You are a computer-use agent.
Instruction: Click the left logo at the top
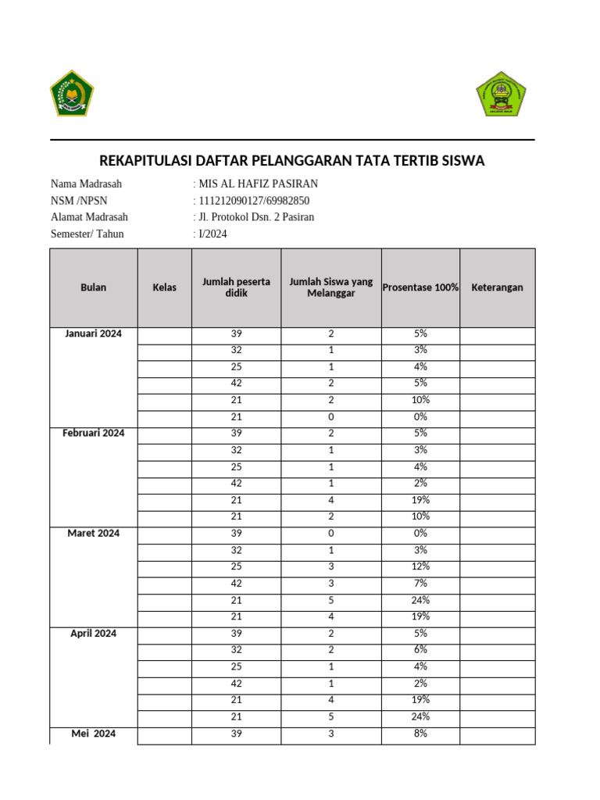click(x=71, y=93)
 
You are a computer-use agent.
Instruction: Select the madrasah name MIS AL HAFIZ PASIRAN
click(x=258, y=184)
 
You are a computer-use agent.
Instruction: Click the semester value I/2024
click(x=212, y=234)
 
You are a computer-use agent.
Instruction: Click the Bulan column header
click(x=93, y=287)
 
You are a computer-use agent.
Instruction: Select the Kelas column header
click(x=164, y=287)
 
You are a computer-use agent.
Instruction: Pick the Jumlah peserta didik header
click(x=236, y=287)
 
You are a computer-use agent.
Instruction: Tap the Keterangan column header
click(x=497, y=287)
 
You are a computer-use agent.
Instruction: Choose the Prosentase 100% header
click(x=420, y=287)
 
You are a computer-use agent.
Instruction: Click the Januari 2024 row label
click(x=93, y=334)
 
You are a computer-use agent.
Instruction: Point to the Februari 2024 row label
click(x=93, y=433)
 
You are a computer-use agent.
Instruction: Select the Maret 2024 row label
click(x=93, y=533)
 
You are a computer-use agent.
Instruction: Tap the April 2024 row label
click(x=93, y=633)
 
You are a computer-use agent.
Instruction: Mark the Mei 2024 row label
click(x=93, y=734)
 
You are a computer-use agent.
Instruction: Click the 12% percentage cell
click(x=421, y=566)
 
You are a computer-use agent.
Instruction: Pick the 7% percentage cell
click(x=421, y=583)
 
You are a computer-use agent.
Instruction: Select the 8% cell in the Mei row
click(x=421, y=734)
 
